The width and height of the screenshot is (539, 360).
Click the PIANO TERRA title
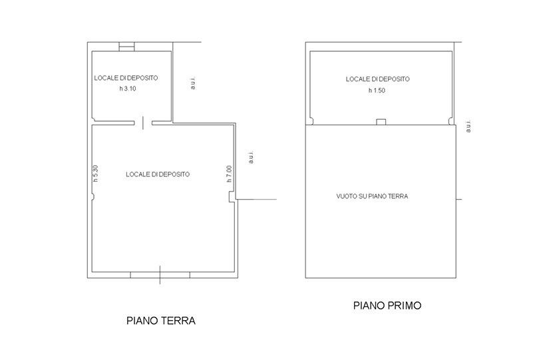[161, 321]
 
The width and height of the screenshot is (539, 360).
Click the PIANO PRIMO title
[387, 305]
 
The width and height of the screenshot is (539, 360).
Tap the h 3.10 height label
[128, 89]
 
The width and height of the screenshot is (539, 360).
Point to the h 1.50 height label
[377, 90]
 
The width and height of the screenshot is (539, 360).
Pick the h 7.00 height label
[229, 174]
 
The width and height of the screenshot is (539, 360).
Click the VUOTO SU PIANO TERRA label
[372, 196]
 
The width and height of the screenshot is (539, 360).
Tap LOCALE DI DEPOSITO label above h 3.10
[126, 78]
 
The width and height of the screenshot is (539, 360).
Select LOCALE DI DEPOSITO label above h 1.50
[378, 79]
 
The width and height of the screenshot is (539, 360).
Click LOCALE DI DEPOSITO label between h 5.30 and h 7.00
[158, 174]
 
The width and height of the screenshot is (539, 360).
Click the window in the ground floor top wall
[126, 47]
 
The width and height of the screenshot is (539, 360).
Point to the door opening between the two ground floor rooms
[143, 122]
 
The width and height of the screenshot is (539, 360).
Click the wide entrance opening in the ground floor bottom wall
[160, 275]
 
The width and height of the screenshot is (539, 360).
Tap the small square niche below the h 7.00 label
[232, 197]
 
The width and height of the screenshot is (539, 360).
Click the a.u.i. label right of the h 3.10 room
[193, 83]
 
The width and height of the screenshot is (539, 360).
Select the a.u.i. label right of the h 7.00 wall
[251, 157]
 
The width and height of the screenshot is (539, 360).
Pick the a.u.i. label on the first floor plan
[468, 126]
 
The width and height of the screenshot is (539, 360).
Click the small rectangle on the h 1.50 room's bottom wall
[381, 122]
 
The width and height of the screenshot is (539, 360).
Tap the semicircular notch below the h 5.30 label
[93, 197]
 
